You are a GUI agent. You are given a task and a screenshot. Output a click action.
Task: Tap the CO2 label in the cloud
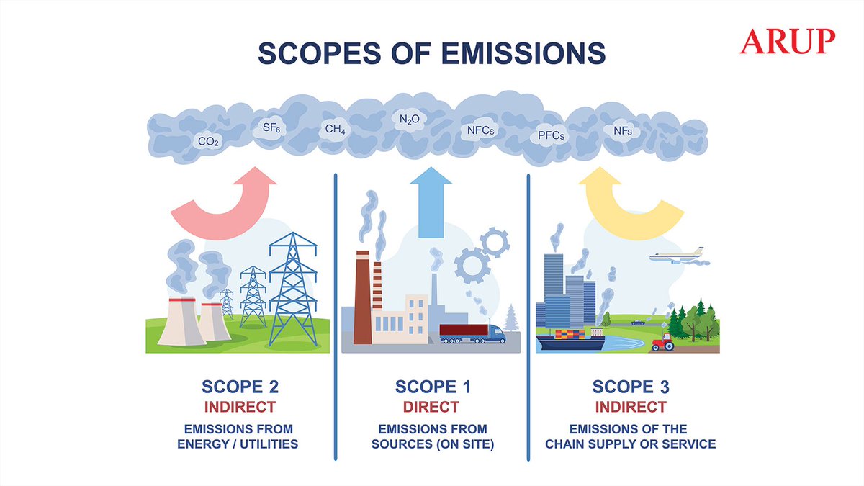point(209,142)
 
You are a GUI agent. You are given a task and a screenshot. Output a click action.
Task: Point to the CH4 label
point(335,130)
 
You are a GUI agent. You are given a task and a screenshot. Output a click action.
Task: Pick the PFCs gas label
point(552,135)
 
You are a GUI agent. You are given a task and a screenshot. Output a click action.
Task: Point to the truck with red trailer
point(472,333)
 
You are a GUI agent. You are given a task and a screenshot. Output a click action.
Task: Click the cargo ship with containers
point(570,340)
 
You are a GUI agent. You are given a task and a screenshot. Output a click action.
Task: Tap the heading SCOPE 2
point(238,387)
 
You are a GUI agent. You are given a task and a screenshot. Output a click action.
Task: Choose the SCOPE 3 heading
point(631,387)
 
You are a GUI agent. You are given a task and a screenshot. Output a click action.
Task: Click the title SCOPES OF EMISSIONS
point(432,54)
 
